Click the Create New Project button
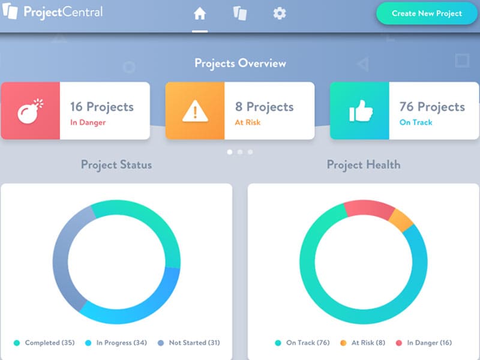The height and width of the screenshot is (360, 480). click(x=427, y=13)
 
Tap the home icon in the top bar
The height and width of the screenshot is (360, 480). click(x=200, y=13)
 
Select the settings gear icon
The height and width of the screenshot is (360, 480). click(x=280, y=13)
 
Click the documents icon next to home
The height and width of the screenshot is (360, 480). click(x=240, y=13)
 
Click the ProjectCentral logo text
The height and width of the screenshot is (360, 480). click(x=63, y=12)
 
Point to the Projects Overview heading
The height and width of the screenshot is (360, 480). click(x=240, y=63)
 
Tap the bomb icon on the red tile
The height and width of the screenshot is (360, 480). click(x=30, y=111)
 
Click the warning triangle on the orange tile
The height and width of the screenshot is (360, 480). click(x=195, y=111)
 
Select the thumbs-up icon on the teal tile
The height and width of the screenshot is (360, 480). click(x=359, y=111)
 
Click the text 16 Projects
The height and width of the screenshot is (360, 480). click(x=102, y=107)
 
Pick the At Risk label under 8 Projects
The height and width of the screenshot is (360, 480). click(x=247, y=122)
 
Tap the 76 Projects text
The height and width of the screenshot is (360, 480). click(x=432, y=107)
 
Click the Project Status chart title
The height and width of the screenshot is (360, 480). click(x=116, y=164)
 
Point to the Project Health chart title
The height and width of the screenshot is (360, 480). click(x=364, y=164)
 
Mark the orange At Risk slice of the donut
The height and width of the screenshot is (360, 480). click(x=401, y=221)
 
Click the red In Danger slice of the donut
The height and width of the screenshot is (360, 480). click(x=369, y=208)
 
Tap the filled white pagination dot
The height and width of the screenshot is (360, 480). click(x=230, y=152)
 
